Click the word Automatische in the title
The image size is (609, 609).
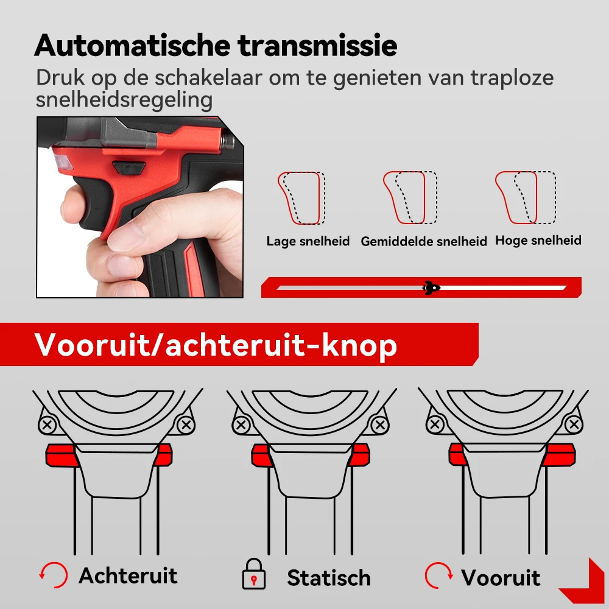(x=132, y=46)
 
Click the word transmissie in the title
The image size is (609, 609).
(x=317, y=46)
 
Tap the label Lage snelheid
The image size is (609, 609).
(x=308, y=241)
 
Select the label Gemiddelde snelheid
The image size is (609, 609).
(x=424, y=242)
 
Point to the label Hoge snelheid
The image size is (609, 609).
(x=538, y=241)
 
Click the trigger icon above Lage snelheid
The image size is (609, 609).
(x=301, y=198)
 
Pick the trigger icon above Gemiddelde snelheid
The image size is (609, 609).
(x=410, y=198)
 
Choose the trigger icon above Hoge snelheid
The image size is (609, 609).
(x=526, y=198)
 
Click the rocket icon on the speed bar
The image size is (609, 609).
(x=431, y=288)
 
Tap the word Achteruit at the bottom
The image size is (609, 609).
(x=128, y=576)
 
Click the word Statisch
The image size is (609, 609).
(x=329, y=577)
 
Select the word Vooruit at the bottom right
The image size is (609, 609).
(x=501, y=577)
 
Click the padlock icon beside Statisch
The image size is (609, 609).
(x=253, y=574)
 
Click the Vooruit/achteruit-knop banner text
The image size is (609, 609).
(x=216, y=345)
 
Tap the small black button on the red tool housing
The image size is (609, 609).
(x=129, y=167)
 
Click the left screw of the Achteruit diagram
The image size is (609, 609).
(x=48, y=424)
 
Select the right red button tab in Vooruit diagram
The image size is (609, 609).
(x=559, y=455)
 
